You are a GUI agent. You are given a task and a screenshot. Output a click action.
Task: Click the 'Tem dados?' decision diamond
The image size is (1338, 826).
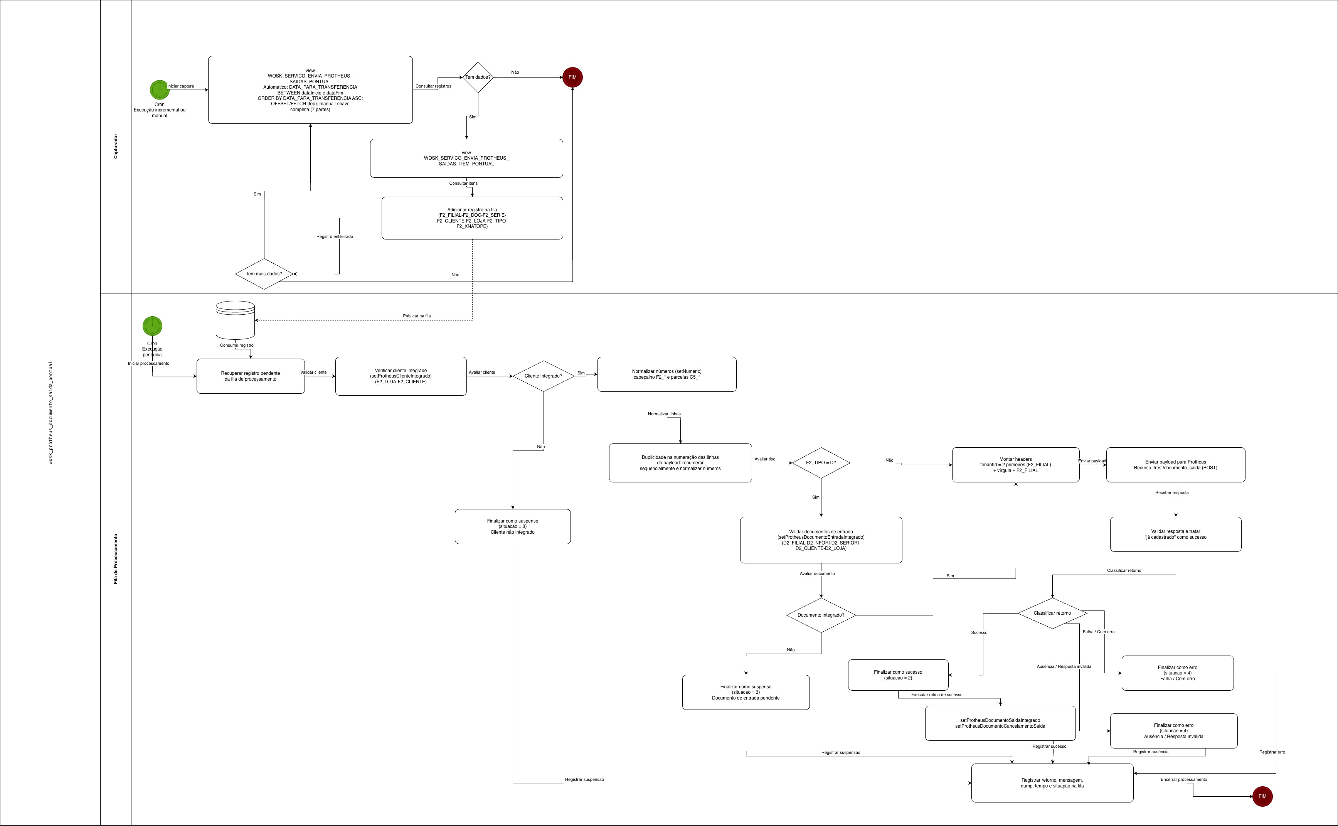pos(478,77)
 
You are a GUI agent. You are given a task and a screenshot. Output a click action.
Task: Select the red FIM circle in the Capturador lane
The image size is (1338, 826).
pos(572,77)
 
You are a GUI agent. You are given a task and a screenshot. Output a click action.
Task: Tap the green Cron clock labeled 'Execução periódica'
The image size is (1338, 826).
pos(152,326)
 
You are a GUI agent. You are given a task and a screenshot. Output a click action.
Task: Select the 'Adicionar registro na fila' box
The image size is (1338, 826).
pos(472,218)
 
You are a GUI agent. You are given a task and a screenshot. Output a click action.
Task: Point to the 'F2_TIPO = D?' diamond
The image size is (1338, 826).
pos(821,463)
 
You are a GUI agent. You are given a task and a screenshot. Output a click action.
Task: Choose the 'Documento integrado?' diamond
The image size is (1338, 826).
pos(821,615)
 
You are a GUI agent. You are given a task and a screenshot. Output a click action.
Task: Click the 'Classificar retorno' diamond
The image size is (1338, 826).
pos(1052,613)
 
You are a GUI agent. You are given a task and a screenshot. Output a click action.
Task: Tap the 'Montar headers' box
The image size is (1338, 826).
pos(1015,465)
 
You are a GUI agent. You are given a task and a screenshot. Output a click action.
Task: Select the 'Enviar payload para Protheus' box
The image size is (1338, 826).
pos(1175,465)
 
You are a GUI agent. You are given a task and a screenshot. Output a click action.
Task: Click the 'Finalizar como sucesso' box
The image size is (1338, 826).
pos(898,675)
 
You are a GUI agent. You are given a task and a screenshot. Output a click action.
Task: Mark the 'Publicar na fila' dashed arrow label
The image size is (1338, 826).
pos(417,316)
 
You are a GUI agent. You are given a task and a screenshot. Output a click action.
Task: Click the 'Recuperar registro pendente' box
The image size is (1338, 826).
pos(250,376)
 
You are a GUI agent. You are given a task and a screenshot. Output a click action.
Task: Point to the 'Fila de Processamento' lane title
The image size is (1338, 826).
pos(116,559)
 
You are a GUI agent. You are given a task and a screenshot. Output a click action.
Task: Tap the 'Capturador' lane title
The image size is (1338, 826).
pos(116,147)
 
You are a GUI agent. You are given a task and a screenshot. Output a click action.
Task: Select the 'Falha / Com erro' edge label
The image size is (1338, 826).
pos(1098,632)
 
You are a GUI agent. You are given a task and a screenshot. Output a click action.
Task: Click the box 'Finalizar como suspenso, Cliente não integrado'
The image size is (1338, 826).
pos(512,527)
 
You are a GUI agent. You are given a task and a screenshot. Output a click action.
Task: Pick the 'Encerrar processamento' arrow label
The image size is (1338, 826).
pos(1183,780)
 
